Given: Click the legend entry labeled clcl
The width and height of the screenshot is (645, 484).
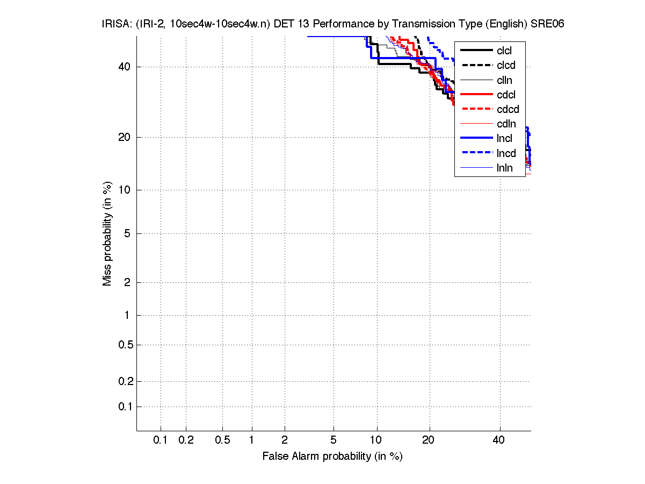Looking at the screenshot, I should click(x=504, y=51).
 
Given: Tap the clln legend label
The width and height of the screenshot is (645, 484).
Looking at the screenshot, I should click(x=504, y=80).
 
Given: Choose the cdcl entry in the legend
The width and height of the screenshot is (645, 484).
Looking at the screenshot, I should click(x=506, y=95).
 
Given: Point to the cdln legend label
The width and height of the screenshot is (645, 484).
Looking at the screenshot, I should click(x=506, y=124).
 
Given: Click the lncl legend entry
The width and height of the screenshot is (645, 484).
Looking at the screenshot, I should click(x=504, y=138).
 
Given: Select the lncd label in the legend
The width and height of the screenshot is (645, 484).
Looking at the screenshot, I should click(x=506, y=153).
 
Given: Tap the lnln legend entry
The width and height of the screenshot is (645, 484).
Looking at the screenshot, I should click(x=504, y=168).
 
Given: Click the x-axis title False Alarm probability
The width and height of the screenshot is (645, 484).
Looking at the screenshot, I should click(x=332, y=457).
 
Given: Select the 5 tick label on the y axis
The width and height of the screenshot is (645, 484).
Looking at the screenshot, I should click(x=127, y=233).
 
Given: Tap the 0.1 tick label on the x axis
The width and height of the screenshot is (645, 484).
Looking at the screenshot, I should click(x=161, y=440).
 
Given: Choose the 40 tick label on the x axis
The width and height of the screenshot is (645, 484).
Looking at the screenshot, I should click(x=499, y=440).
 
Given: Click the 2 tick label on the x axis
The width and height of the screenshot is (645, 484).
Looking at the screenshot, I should click(x=285, y=440).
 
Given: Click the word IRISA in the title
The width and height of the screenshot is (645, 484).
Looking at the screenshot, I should click(x=114, y=24).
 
